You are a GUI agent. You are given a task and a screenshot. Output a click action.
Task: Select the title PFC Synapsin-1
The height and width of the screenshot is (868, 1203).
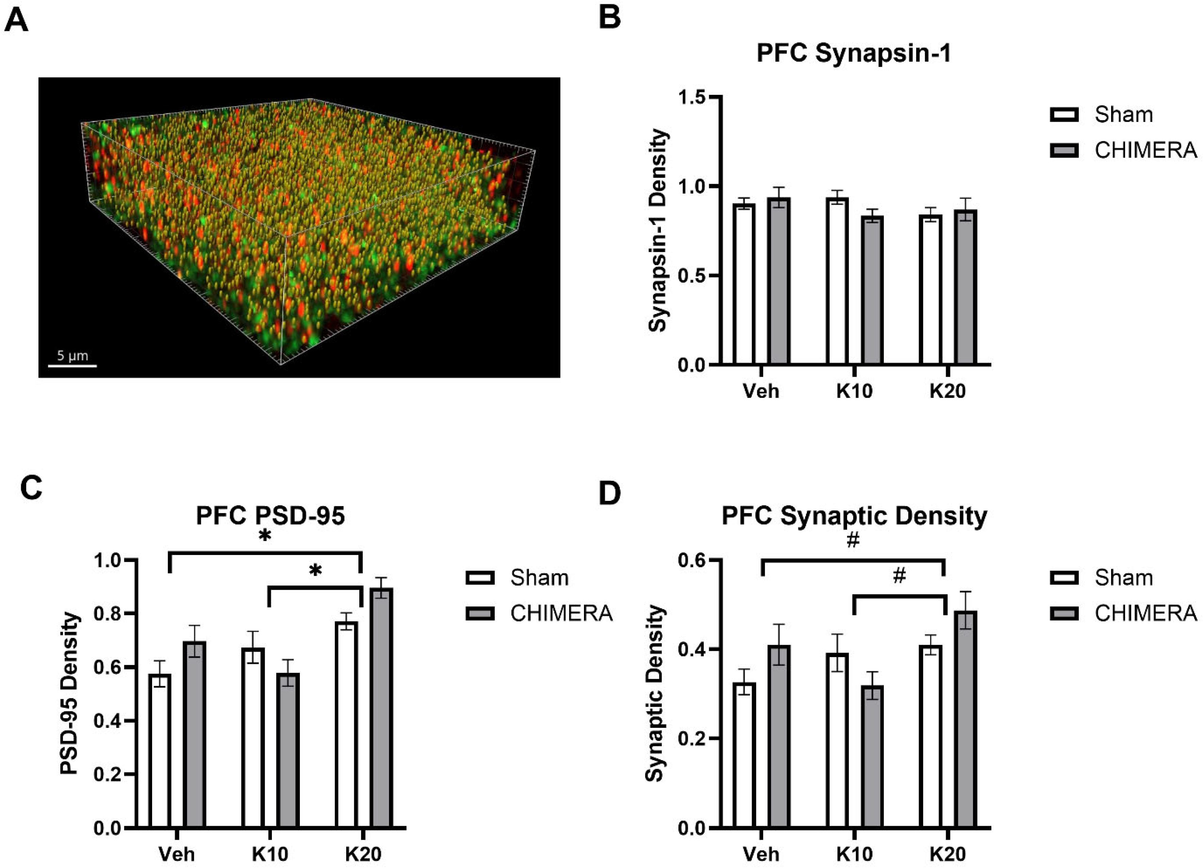[854, 54]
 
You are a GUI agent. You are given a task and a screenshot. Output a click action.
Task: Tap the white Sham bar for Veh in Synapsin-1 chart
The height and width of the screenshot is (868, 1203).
[744, 284]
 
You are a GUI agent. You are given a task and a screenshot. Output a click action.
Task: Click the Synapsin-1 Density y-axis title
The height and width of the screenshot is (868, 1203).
[658, 231]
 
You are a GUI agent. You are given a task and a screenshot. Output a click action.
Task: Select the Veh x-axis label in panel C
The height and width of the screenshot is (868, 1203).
[177, 854]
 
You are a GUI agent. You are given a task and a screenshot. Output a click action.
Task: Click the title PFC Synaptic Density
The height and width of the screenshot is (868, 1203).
[854, 516]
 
